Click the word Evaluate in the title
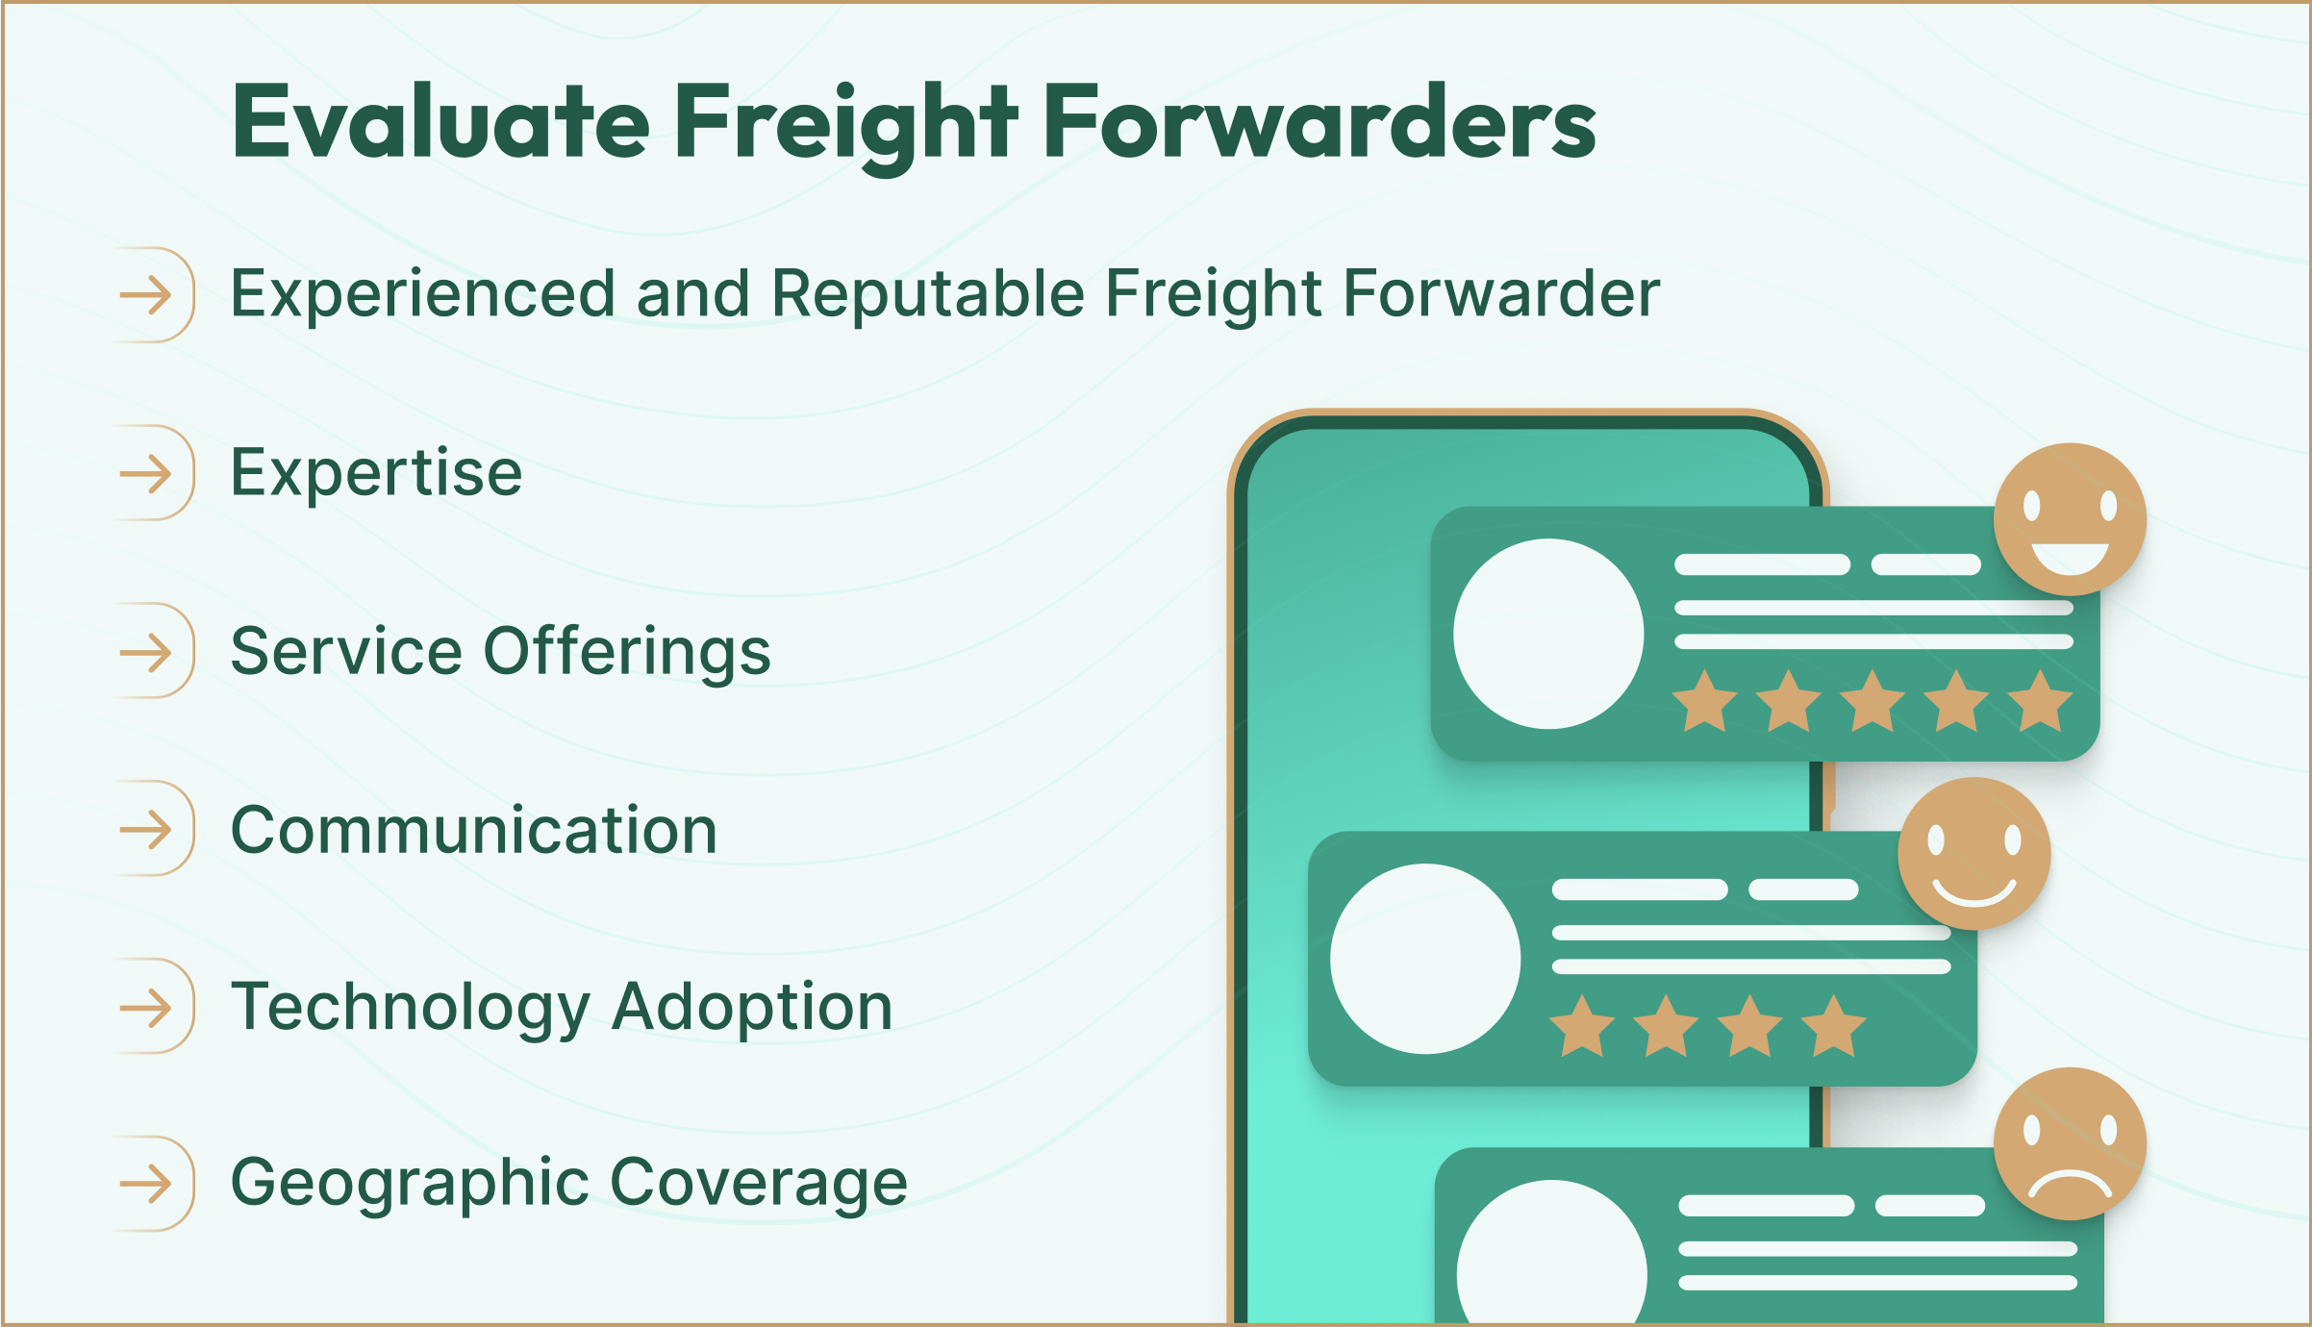[440, 123]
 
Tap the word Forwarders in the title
[1319, 123]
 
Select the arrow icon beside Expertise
[146, 473]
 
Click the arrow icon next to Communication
[146, 829]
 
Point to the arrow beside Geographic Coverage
[146, 1184]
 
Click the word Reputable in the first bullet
[927, 293]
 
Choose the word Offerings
[626, 652]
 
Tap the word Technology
[411, 1008]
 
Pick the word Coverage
[759, 1183]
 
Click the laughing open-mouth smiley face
[2070, 519]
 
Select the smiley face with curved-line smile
[1973, 854]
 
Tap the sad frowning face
[2070, 1144]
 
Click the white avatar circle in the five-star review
[1547, 634]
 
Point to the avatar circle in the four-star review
[1425, 959]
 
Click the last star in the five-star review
[2040, 702]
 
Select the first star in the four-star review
[1582, 1027]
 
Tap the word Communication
[474, 830]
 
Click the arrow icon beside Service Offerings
[146, 653]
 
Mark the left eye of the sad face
[2032, 1130]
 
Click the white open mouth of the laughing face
[2070, 556]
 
